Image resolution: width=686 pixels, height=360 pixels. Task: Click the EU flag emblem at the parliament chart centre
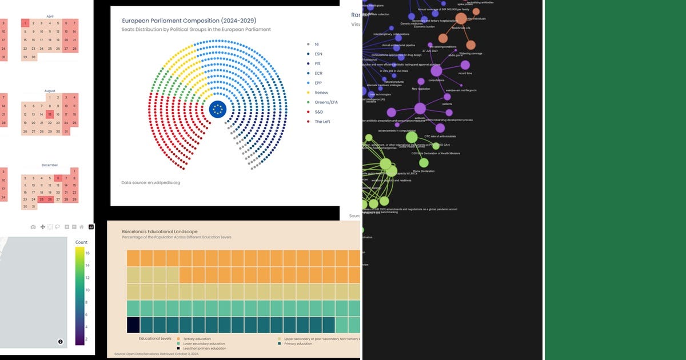pyautogui.click(x=217, y=109)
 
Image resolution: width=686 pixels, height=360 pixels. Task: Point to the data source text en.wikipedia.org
pyautogui.click(x=151, y=183)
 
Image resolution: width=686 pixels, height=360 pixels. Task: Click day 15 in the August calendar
pyautogui.click(x=50, y=114)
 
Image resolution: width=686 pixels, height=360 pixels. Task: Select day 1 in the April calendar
pyautogui.click(x=25, y=23)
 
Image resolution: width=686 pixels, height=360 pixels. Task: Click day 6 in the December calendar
pyautogui.click(x=58, y=178)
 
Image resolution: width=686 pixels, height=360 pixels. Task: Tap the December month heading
pyautogui.click(x=50, y=165)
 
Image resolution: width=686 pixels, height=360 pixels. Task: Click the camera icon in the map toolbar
pyautogui.click(x=33, y=227)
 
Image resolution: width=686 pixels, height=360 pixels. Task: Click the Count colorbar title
pyautogui.click(x=82, y=242)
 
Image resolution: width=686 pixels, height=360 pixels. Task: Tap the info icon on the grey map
pyautogui.click(x=61, y=342)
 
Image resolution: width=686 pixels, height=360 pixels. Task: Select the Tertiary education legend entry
pyautogui.click(x=194, y=338)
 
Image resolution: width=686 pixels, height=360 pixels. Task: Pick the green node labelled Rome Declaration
pyautogui.click(x=424, y=163)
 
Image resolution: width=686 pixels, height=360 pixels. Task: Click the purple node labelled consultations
pyautogui.click(x=436, y=71)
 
